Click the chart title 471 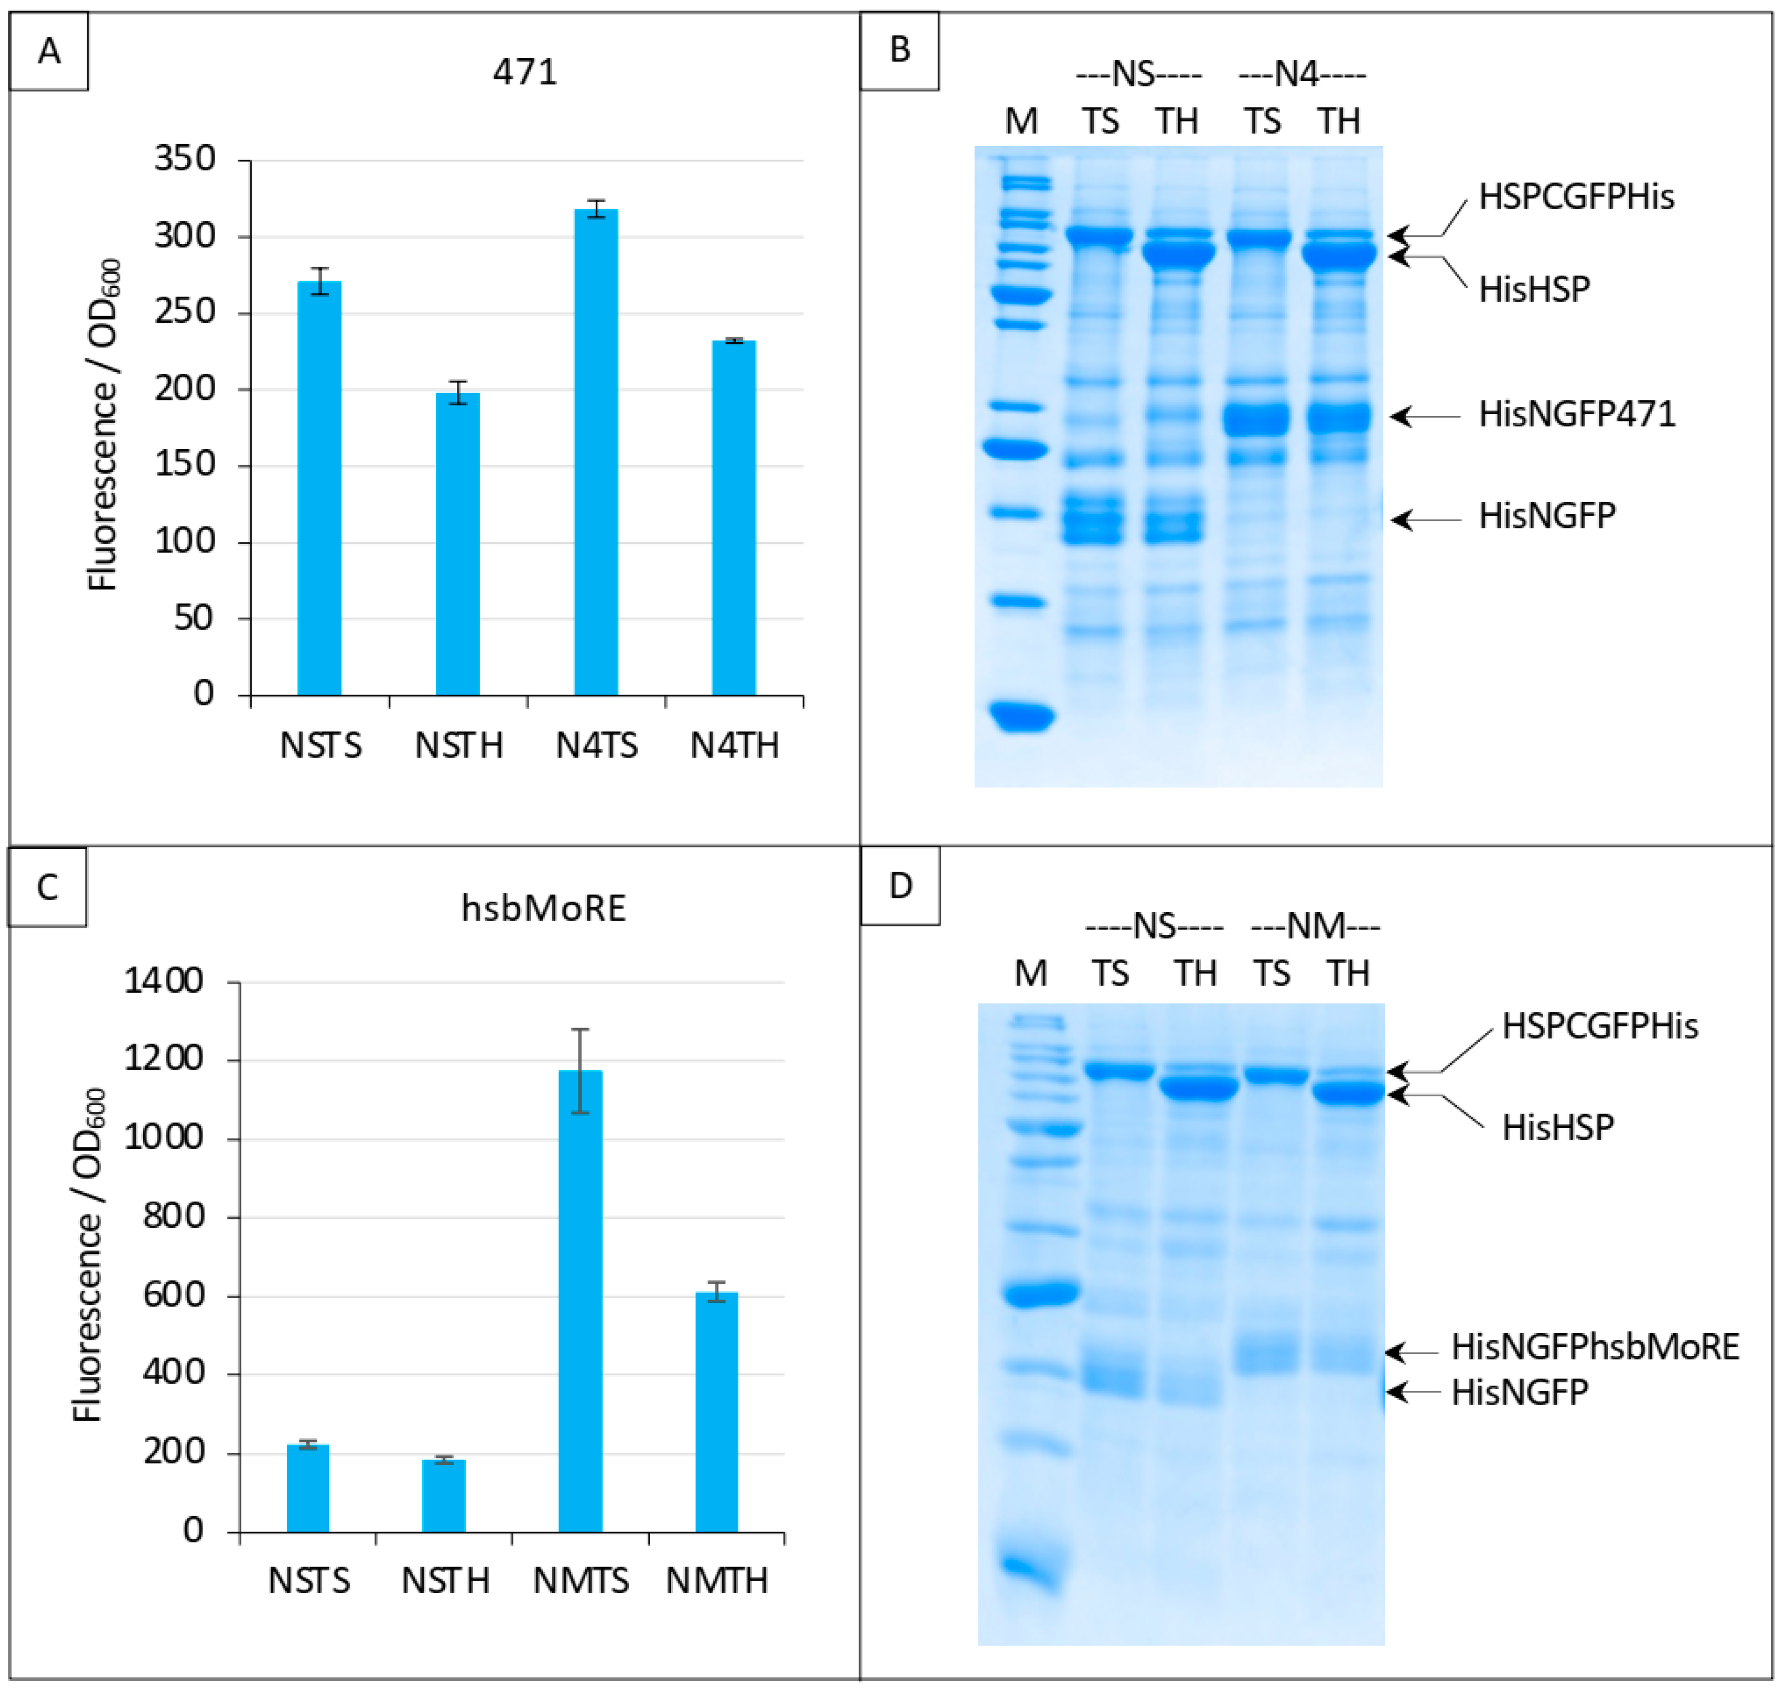click(x=525, y=72)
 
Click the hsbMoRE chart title click(x=544, y=909)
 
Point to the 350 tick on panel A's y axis click(x=185, y=159)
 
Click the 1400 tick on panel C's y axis click(x=164, y=981)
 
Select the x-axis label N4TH click(x=734, y=746)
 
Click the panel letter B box click(x=899, y=50)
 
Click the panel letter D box click(x=900, y=886)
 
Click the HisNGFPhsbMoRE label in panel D click(x=1595, y=1347)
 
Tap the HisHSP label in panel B click(x=1534, y=289)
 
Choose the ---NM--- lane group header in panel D click(x=1315, y=926)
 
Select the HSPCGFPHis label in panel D click(x=1599, y=1026)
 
